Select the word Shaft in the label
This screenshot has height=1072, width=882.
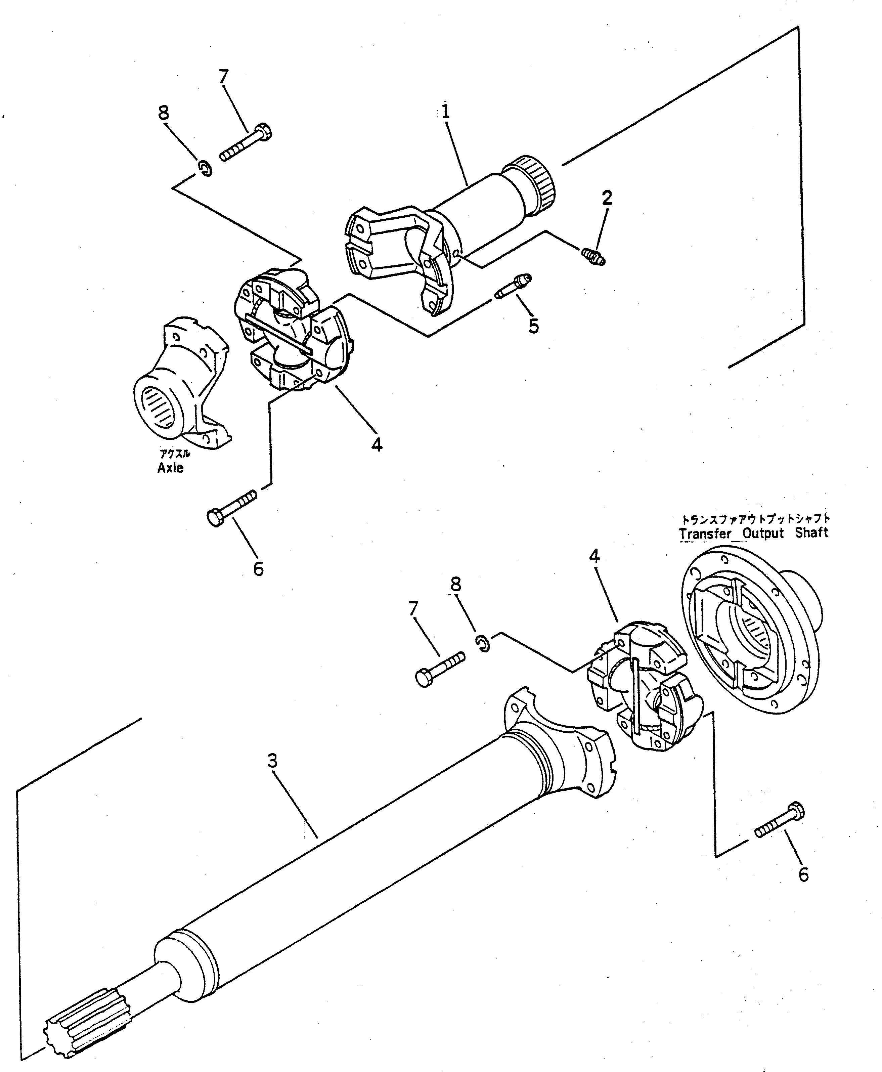813,532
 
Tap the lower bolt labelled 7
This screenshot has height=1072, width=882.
440,669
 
